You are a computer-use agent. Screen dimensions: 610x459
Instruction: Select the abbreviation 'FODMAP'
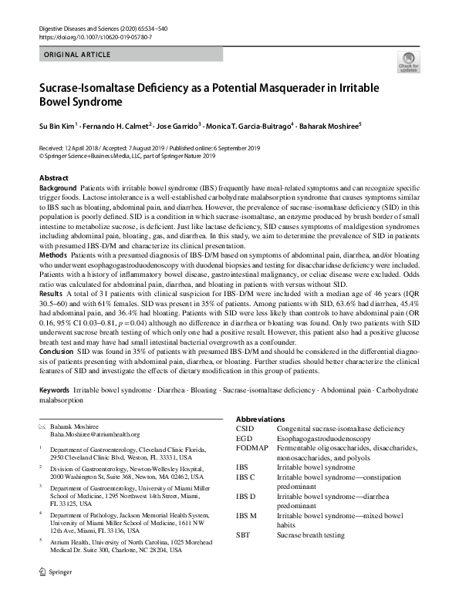(251, 448)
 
